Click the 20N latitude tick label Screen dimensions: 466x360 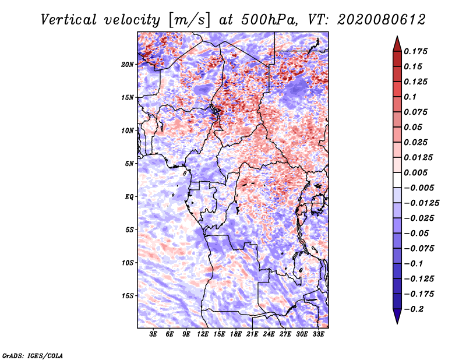click(x=127, y=65)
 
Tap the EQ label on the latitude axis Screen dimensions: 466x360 click(x=129, y=197)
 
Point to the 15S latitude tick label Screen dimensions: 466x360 click(x=127, y=296)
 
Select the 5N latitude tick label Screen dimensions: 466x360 click(x=129, y=164)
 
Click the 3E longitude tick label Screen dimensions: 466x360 click(x=153, y=334)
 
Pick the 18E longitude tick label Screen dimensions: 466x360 click(x=236, y=334)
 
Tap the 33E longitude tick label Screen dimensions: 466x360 click(x=318, y=334)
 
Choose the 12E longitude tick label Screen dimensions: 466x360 click(x=203, y=334)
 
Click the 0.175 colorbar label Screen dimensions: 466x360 click(x=415, y=51)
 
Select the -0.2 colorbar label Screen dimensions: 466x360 click(x=414, y=309)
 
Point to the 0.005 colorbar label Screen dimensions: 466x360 click(x=415, y=172)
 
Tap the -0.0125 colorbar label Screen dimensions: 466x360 click(x=421, y=203)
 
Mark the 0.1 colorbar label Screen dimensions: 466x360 click(x=410, y=97)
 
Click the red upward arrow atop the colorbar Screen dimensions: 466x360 click(x=397, y=44)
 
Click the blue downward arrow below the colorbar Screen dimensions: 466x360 click(x=397, y=316)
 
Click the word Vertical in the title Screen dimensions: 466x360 click(x=69, y=20)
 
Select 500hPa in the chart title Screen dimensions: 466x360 click(x=269, y=20)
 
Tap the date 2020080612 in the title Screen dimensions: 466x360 click(x=382, y=20)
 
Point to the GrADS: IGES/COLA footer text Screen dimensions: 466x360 click(x=33, y=355)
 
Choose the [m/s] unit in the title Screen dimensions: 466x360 click(x=189, y=20)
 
